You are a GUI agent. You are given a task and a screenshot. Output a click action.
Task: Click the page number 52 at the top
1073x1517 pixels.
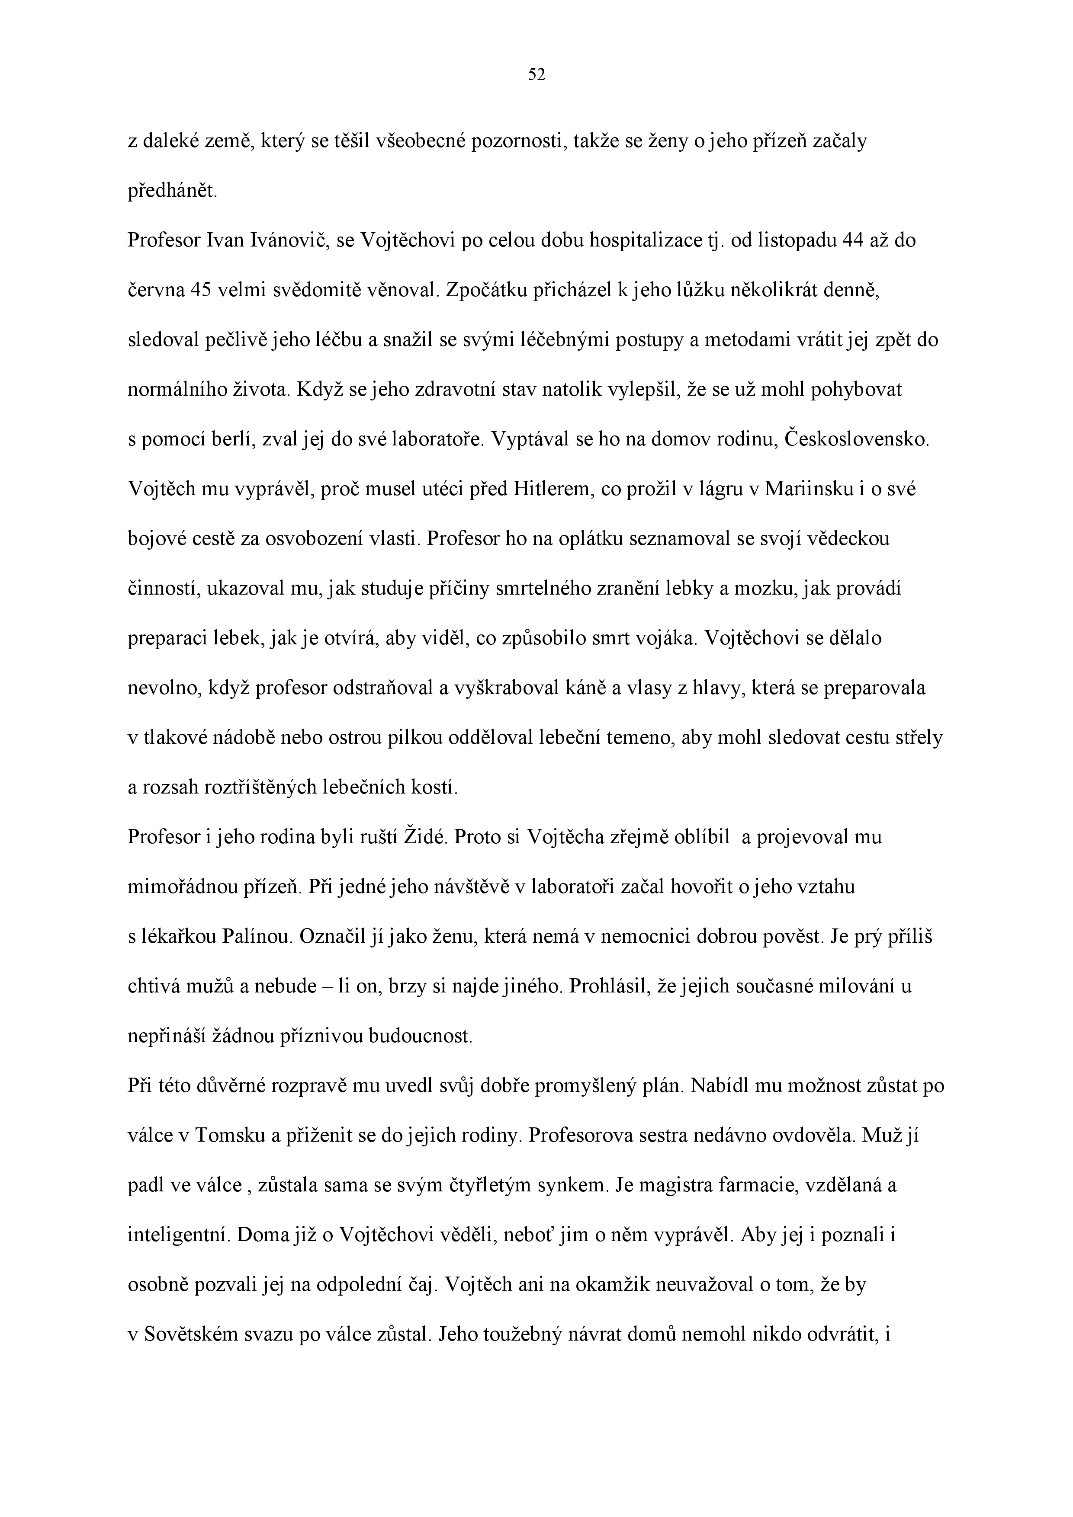(536, 75)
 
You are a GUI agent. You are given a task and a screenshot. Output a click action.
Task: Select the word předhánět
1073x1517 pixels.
(171, 192)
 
